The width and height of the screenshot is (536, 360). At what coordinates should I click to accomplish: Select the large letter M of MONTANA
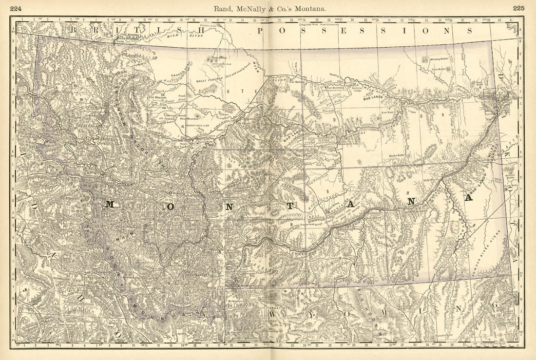coord(110,205)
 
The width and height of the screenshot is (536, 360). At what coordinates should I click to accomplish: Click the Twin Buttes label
coord(440,69)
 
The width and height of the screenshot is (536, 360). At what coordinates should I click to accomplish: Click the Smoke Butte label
coord(398,155)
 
